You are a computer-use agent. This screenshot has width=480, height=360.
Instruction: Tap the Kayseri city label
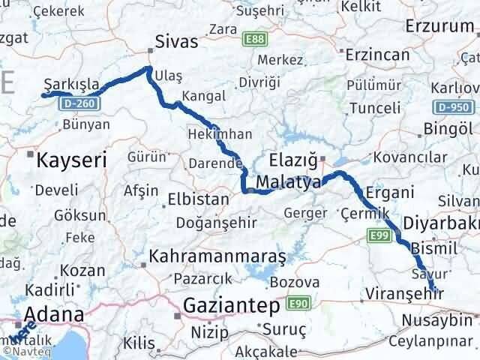tap(72, 159)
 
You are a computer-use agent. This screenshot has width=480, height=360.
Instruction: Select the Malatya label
tap(288, 182)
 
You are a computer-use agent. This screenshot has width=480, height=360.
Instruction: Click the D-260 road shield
tap(78, 101)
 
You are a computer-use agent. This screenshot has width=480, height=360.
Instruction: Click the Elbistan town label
tap(179, 201)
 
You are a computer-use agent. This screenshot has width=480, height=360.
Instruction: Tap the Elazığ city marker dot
tap(322, 158)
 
